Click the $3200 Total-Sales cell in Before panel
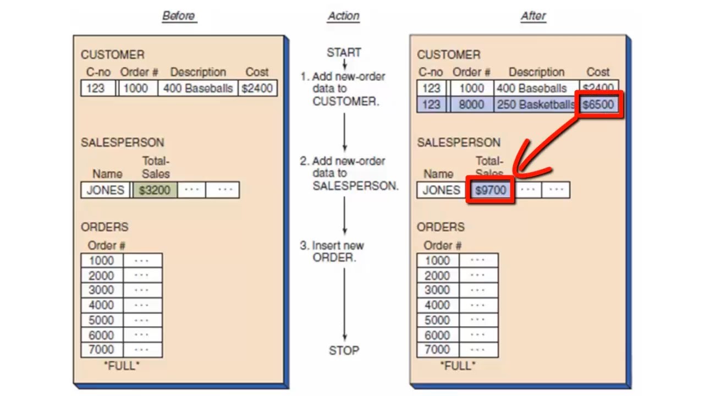[x=154, y=190]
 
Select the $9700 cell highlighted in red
[x=490, y=190]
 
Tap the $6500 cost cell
[x=598, y=104]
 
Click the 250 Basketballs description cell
[x=535, y=104]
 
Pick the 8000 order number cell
[x=471, y=104]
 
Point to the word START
[x=344, y=53]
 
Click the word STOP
[x=344, y=350]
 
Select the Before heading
[x=179, y=16]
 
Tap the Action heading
[x=343, y=16]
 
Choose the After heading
[x=533, y=16]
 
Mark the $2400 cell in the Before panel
[x=257, y=88]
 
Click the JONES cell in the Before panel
[x=106, y=190]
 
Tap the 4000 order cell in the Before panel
[x=102, y=305]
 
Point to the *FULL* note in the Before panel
[x=122, y=365]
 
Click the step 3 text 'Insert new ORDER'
[x=338, y=251]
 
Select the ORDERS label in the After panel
[x=441, y=227]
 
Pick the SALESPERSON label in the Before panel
[x=122, y=142]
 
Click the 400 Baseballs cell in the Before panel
[x=198, y=88]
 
